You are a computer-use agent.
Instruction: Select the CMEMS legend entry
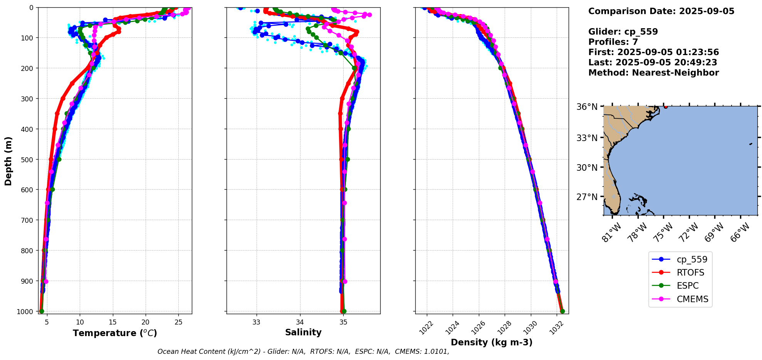692,299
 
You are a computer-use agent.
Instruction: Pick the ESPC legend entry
687,286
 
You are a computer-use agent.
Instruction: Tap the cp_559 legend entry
692,259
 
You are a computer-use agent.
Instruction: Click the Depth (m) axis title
8,161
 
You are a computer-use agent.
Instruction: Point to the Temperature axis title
115,333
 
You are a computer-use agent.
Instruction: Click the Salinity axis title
303,332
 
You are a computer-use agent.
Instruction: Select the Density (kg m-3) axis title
492,342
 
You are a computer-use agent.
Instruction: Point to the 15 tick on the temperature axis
112,322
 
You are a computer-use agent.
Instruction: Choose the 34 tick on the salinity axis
300,322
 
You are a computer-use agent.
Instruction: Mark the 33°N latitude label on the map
587,138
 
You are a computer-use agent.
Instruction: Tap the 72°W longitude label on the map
688,233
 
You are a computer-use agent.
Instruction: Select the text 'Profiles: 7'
613,42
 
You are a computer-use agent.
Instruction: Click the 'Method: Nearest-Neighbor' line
653,73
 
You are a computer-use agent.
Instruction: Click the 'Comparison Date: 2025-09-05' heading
661,11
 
